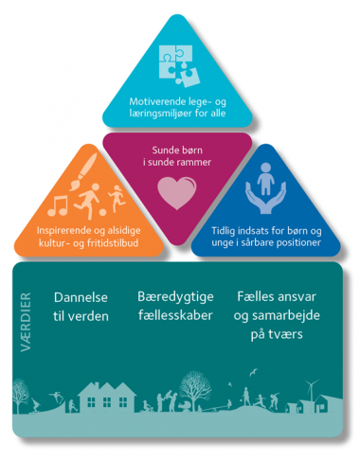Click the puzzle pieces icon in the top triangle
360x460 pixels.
180,65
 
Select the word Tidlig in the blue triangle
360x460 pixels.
221,229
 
